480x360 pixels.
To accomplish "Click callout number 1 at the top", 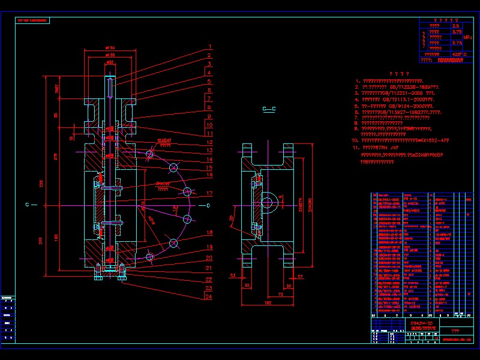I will (x=211, y=46).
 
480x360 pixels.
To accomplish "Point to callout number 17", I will (x=210, y=194).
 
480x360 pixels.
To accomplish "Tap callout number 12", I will (x=210, y=142).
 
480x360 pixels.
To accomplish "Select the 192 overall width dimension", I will (x=268, y=304).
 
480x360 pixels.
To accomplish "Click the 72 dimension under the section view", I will (x=280, y=296).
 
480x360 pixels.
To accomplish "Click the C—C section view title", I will (x=269, y=109).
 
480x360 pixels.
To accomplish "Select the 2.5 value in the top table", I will (x=455, y=26).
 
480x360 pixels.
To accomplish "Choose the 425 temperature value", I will (x=455, y=53).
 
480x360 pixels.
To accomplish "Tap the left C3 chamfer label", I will (x=232, y=275).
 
